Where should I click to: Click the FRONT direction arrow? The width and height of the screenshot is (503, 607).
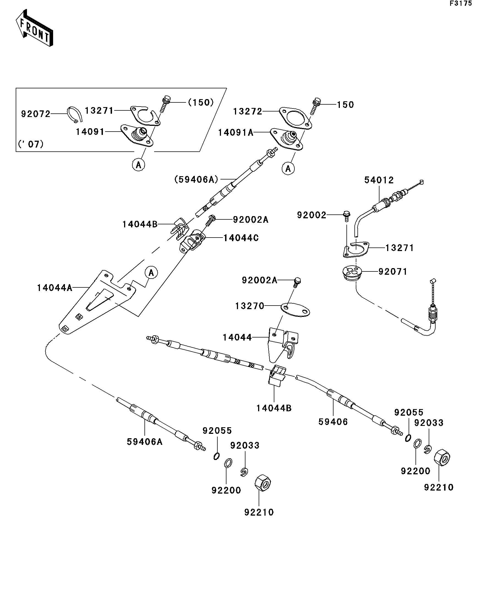pos(34,28)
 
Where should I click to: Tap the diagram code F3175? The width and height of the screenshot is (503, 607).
pos(460,4)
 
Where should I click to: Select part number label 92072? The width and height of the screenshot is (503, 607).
pos(35,114)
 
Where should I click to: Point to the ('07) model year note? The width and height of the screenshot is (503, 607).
pos(31,144)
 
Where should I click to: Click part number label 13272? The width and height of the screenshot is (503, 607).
pos(248,111)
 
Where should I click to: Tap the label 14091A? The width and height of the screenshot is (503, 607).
pos(236,133)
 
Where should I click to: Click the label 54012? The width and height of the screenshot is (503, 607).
pos(379,180)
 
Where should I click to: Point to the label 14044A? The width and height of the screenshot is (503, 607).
pos(54,288)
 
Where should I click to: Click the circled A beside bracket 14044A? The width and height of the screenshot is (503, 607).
pos(151,273)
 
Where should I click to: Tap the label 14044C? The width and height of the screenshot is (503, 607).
pos(241,238)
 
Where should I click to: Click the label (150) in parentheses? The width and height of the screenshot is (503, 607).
pos(201,102)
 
